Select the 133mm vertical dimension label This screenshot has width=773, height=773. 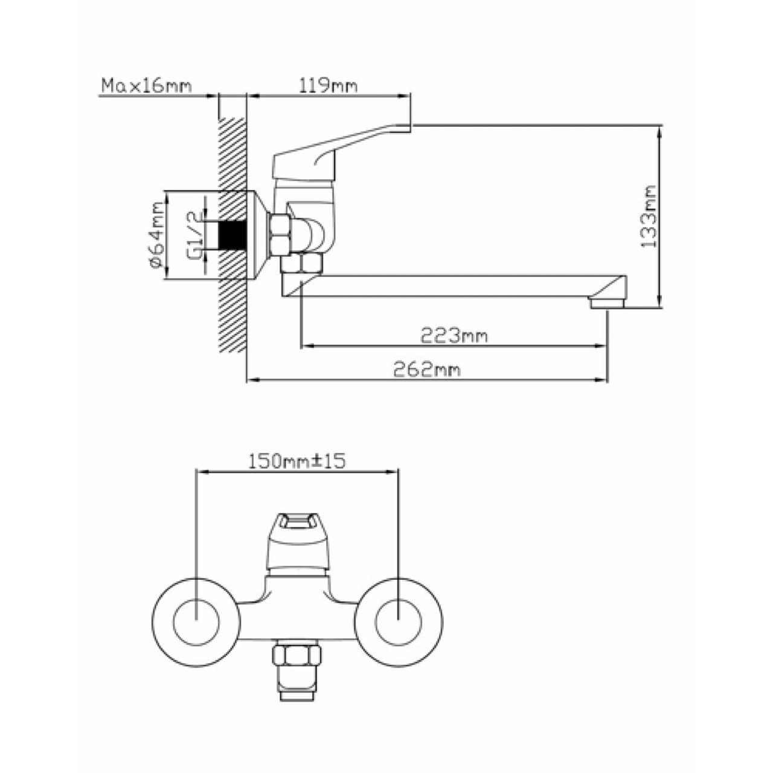click(649, 216)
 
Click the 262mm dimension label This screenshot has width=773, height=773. click(426, 370)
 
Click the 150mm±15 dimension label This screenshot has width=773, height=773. click(297, 462)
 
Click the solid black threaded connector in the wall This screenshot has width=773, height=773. click(232, 235)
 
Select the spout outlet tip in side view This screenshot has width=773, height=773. click(608, 303)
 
